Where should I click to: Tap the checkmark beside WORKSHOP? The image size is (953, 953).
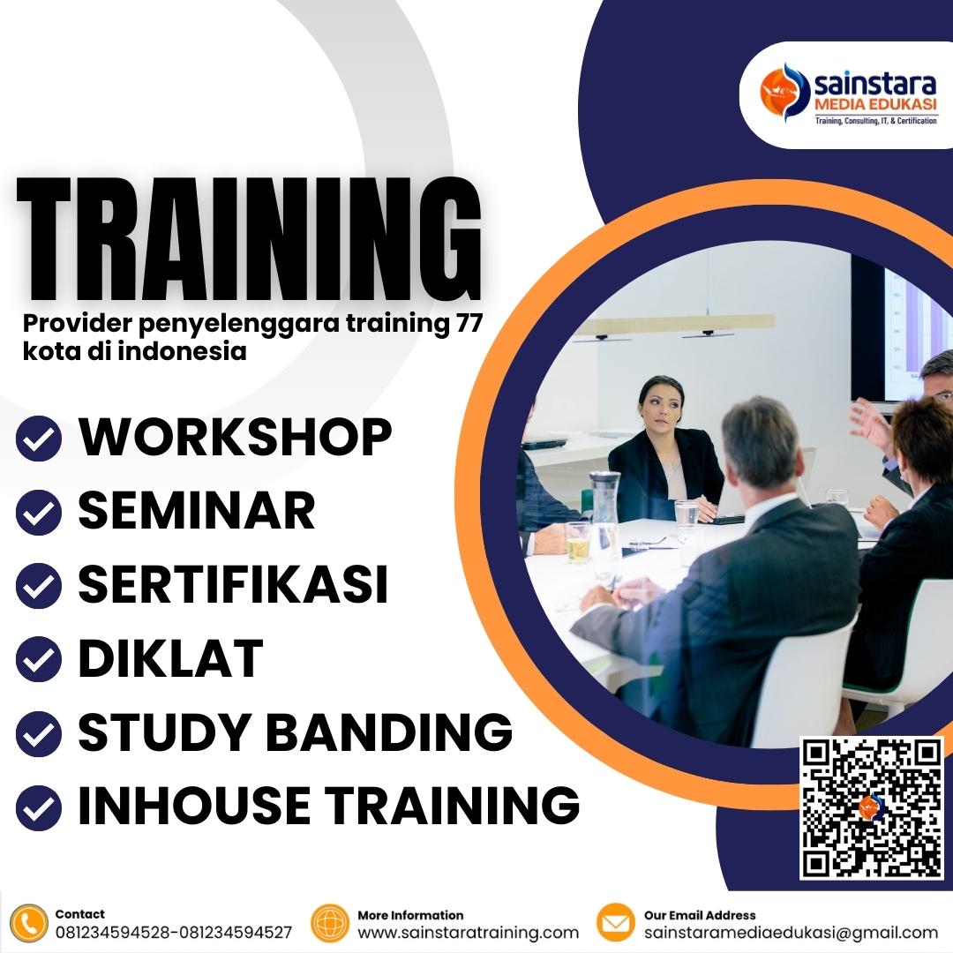tap(39, 439)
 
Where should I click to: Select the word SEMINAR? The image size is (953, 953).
tap(197, 511)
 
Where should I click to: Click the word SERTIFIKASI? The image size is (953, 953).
tap(234, 584)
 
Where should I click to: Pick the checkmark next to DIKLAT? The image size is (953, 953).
tap(39, 659)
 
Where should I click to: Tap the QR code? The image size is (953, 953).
tap(871, 808)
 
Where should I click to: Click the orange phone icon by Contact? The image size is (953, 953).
tap(31, 923)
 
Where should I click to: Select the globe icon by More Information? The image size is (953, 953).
tap(331, 923)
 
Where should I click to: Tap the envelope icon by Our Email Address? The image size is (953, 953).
tap(616, 923)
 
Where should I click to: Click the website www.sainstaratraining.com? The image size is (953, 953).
tap(468, 933)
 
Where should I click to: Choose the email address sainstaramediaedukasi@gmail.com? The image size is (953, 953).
tap(791, 933)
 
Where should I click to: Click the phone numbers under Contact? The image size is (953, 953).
tap(173, 933)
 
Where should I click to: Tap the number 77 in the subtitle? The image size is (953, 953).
tap(467, 324)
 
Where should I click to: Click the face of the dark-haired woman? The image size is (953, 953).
tap(660, 408)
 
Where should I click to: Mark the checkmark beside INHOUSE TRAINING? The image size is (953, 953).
tap(39, 806)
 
